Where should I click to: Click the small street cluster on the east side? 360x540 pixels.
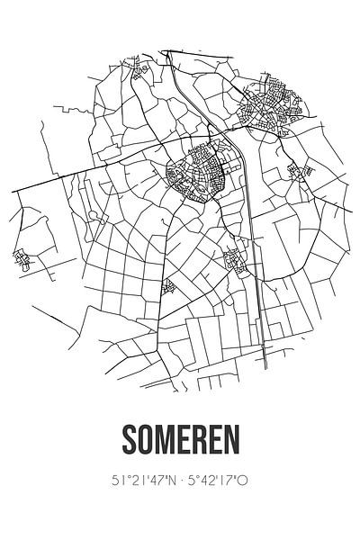294,170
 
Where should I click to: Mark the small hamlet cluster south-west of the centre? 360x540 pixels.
166,287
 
